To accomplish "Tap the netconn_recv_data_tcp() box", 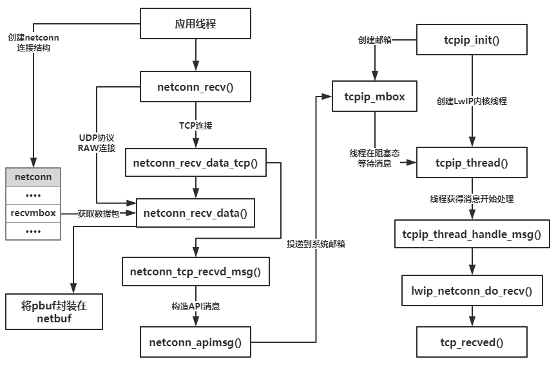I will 195,163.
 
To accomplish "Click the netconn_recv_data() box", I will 195,212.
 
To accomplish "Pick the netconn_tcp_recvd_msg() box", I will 195,271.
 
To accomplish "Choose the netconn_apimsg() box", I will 195,342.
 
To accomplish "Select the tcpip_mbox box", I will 375,97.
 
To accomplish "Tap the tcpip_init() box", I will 472,40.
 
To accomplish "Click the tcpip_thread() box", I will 472,163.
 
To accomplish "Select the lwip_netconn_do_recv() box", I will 472,290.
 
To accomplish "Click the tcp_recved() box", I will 472,342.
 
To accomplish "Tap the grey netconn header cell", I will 34,175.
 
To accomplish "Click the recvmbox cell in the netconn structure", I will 34,212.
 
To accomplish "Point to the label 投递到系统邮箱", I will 315,244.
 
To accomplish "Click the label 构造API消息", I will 195,307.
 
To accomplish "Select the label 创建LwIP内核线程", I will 472,101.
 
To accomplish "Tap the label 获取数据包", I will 98,212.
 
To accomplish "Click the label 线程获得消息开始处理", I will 472,198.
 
